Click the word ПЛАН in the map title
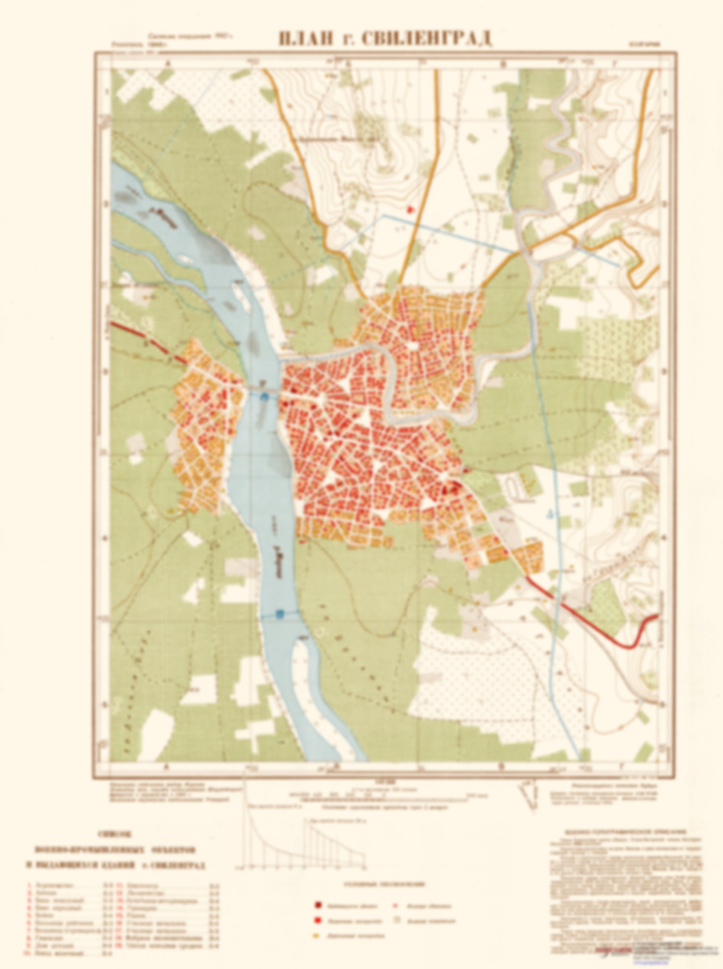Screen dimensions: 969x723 pyautogui.click(x=302, y=39)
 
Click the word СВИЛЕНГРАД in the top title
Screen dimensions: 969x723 pyautogui.click(x=427, y=39)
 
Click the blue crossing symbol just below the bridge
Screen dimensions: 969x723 pyautogui.click(x=264, y=397)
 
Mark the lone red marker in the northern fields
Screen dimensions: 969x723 pyautogui.click(x=410, y=209)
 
